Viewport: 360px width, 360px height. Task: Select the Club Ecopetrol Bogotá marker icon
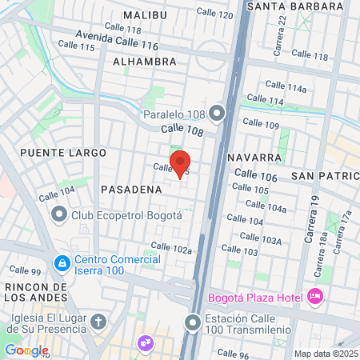click(58, 215)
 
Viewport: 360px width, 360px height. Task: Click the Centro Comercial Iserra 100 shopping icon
click(62, 262)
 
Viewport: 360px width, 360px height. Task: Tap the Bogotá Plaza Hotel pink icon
click(315, 298)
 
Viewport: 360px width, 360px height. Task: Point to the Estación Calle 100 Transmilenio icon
click(192, 323)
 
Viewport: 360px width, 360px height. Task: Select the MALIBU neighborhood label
click(145, 15)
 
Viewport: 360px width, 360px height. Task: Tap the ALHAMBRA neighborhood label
click(145, 62)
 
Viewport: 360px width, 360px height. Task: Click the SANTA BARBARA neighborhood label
click(285, 6)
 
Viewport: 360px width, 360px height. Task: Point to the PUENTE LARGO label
click(53, 152)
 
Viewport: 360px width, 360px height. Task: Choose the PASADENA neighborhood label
click(132, 189)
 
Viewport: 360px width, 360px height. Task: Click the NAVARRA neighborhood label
click(254, 157)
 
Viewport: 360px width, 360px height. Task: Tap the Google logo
click(26, 350)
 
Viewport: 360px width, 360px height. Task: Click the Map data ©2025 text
click(324, 354)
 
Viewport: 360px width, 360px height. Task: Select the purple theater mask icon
click(145, 342)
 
